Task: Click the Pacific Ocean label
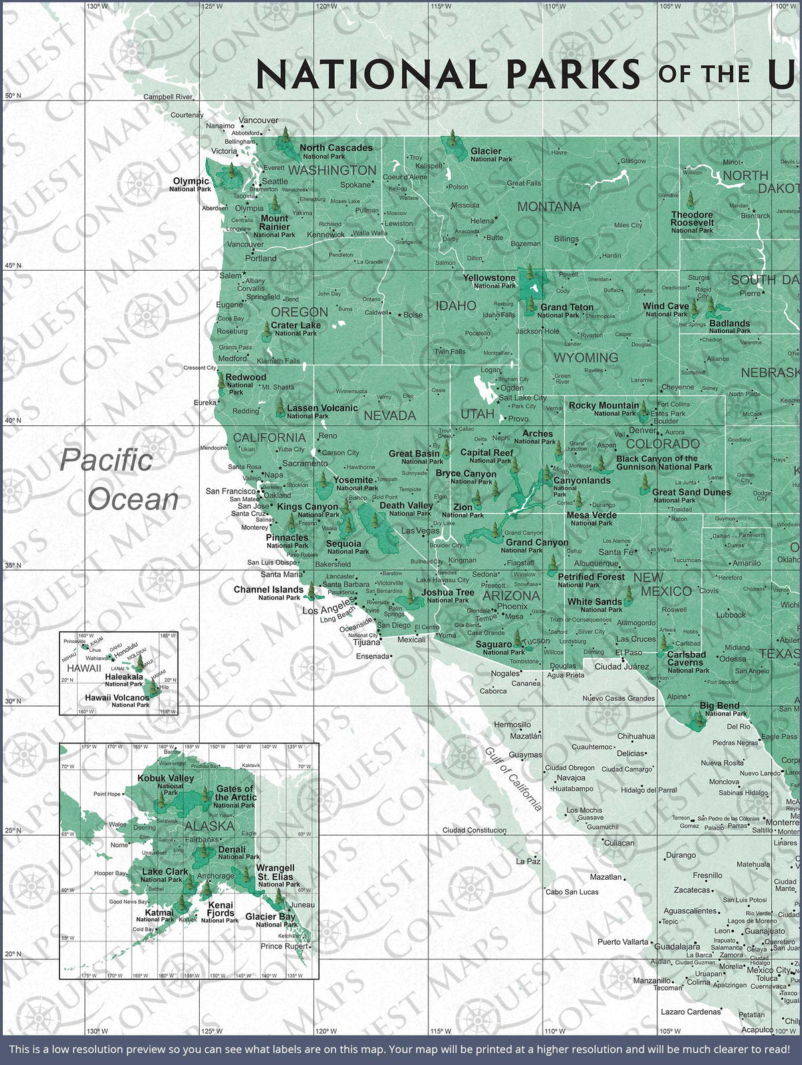119,479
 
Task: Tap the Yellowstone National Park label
490,281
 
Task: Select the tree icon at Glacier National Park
453,141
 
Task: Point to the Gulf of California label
512,779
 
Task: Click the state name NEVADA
390,415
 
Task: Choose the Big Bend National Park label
722,709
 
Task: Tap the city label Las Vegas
420,531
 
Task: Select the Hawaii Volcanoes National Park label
117,700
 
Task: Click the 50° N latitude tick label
13,96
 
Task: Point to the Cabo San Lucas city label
571,892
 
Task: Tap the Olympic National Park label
191,184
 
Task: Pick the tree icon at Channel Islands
311,590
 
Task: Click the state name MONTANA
549,207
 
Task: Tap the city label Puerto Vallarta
622,942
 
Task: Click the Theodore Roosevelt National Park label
692,222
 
